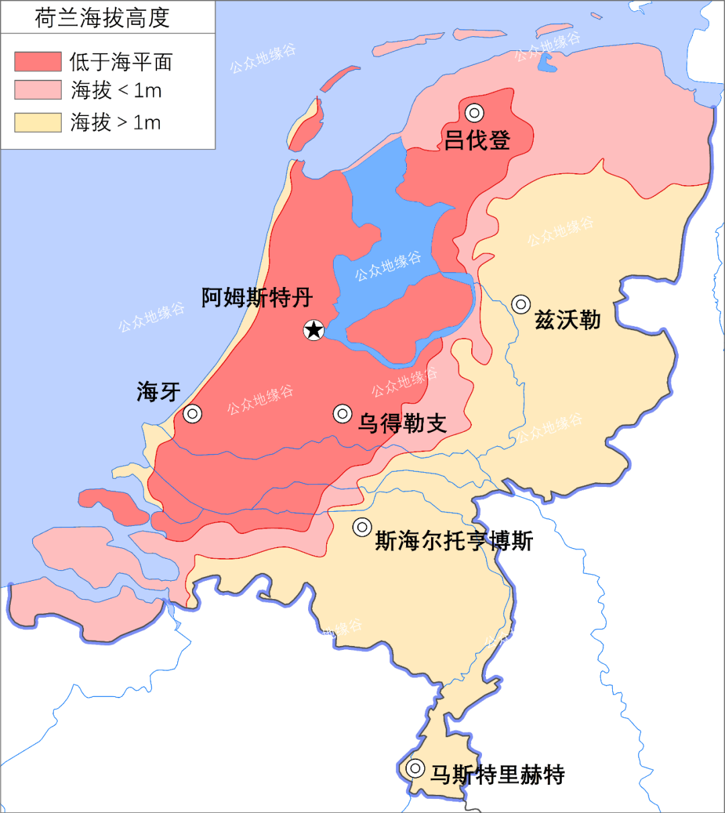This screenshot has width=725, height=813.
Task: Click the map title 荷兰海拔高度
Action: (x=102, y=18)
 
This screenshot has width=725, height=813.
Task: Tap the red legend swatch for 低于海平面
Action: (x=38, y=62)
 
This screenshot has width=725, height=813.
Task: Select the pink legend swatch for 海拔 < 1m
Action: (x=38, y=91)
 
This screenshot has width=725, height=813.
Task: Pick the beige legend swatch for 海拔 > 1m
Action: (x=38, y=122)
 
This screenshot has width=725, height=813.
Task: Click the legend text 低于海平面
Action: (x=121, y=62)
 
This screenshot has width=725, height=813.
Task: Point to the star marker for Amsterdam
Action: (x=313, y=329)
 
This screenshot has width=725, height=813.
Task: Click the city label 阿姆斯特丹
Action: (x=257, y=297)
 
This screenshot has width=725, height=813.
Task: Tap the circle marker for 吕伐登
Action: (x=475, y=113)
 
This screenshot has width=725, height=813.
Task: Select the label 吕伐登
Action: (x=477, y=140)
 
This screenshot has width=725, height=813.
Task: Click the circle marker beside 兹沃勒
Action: (x=521, y=304)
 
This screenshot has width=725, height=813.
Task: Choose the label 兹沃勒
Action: (x=567, y=320)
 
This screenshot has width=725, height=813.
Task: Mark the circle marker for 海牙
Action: (x=193, y=414)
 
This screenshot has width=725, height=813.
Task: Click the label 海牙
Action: (x=158, y=392)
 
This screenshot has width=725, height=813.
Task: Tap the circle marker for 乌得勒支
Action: (x=342, y=414)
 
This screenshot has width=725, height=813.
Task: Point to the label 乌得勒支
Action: (x=402, y=423)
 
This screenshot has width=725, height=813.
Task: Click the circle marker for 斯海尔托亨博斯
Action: (x=362, y=527)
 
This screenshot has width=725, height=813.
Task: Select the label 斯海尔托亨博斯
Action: (x=454, y=541)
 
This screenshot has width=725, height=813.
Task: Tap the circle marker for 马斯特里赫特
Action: (x=416, y=768)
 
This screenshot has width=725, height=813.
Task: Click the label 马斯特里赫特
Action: (x=497, y=775)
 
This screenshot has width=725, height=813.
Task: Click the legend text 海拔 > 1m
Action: (x=115, y=122)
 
